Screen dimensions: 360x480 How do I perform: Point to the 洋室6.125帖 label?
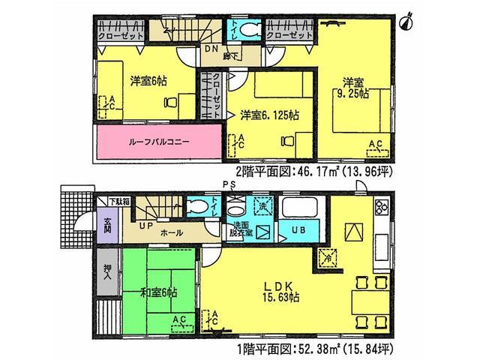tap(270, 115)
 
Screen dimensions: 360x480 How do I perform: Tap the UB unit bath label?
tap(297, 228)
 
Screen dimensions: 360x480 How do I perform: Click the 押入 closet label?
tap(108, 268)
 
